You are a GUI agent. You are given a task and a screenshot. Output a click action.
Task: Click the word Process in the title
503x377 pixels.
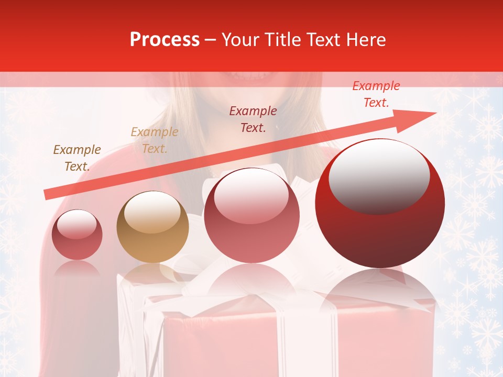pos(165,40)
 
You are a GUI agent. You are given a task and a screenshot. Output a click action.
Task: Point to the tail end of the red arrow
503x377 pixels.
pos(47,195)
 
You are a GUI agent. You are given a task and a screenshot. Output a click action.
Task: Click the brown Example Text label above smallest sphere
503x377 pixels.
pos(77,158)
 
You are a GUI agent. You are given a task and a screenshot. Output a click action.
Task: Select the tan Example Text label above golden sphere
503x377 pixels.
pos(154,140)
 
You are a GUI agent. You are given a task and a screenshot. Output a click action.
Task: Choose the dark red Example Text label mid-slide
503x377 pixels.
pos(253,119)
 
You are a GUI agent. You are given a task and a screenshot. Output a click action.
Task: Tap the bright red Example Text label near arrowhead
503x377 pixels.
pos(376,94)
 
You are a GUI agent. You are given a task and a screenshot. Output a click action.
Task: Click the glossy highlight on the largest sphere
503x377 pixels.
pos(379,175)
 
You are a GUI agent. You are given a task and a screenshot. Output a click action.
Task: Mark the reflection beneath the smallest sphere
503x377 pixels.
pos(77,270)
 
